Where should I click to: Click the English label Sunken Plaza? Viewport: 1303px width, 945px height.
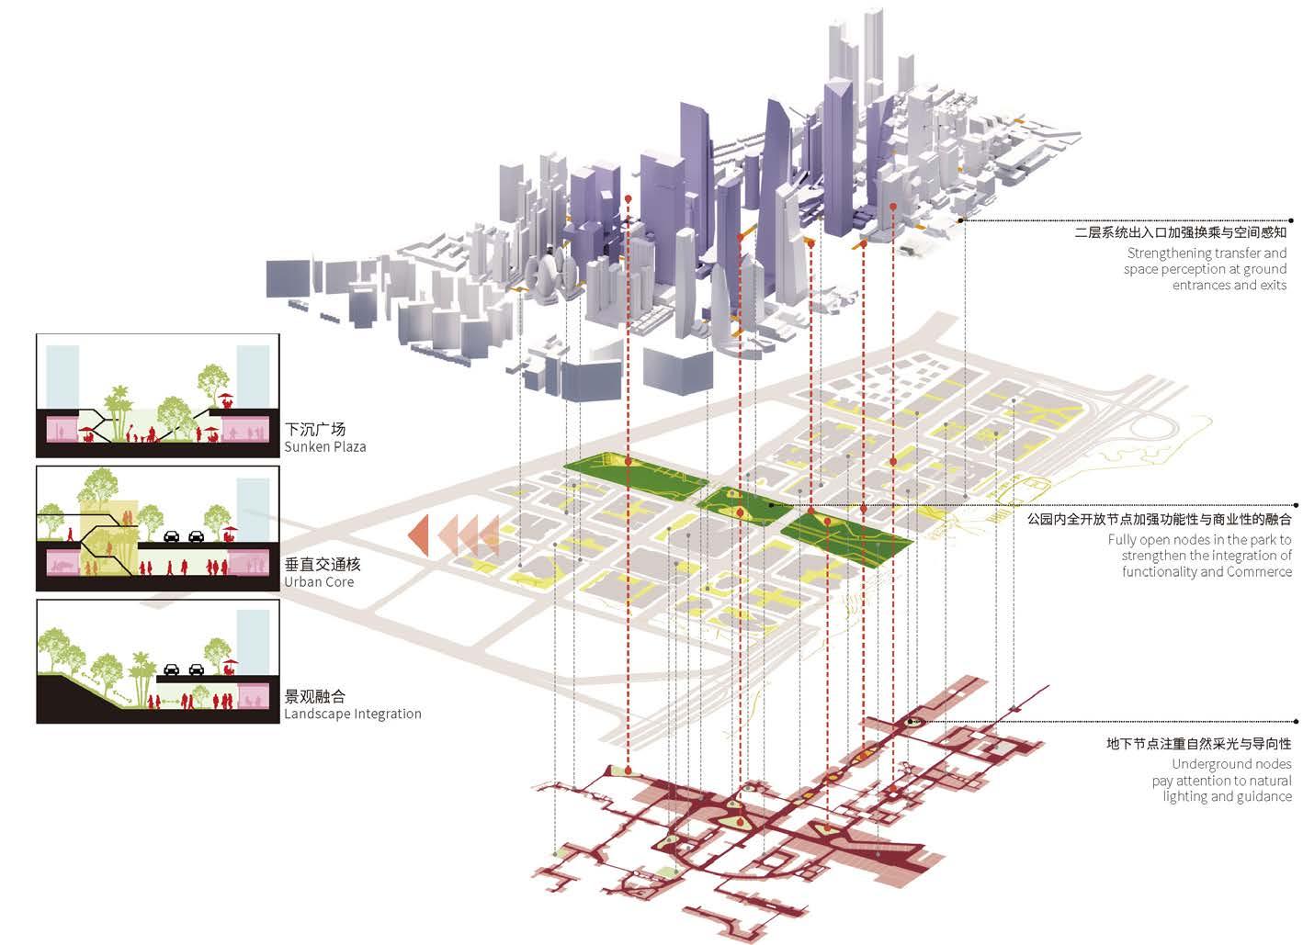324,447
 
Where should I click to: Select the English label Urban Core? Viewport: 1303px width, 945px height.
318,581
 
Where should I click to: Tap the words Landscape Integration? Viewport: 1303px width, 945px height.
352,714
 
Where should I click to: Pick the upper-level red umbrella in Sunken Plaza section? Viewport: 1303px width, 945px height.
225,399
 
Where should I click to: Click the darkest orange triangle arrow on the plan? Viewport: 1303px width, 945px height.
418,535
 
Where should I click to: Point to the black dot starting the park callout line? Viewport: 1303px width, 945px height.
770,505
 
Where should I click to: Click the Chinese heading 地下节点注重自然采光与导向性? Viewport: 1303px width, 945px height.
1198,744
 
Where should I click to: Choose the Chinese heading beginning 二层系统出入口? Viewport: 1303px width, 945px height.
1180,233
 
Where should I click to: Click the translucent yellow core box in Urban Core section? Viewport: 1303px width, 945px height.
108,542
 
